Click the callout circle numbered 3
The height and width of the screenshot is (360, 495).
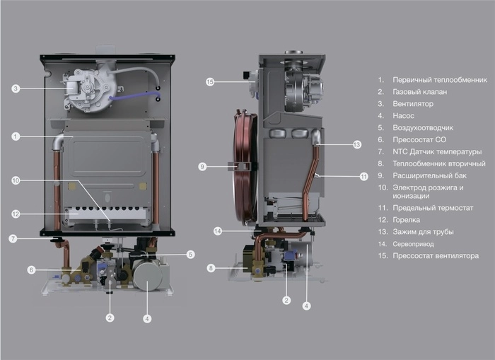(16, 88)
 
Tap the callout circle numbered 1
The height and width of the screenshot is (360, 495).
(16, 136)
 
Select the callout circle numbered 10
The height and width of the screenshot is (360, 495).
(16, 180)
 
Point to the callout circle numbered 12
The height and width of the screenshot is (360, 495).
(16, 214)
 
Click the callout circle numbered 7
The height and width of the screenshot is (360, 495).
(13, 238)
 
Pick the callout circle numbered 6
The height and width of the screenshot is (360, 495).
(31, 269)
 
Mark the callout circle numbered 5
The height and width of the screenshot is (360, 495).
(190, 254)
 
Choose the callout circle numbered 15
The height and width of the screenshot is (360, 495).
(209, 82)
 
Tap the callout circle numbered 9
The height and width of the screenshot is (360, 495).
(202, 167)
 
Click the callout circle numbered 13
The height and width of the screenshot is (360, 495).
(356, 144)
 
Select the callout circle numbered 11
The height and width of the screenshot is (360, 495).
(363, 176)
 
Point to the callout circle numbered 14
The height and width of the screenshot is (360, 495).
(218, 231)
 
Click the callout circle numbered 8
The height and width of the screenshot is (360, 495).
(210, 268)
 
